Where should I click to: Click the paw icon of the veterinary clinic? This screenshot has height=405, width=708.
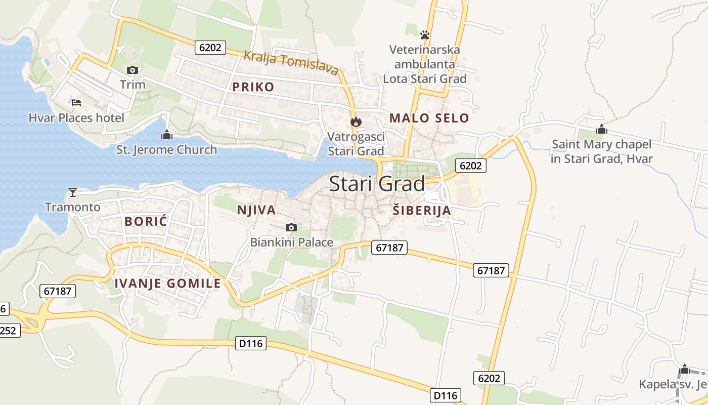[424, 35]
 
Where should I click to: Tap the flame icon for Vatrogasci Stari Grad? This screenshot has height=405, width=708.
[356, 121]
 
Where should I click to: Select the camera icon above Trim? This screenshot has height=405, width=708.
[132, 70]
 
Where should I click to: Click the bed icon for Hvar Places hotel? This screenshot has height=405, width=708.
[76, 103]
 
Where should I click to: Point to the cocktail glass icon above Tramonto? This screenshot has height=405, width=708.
[73, 192]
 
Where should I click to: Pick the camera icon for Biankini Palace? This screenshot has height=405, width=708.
[291, 227]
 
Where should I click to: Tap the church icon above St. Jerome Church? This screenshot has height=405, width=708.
[166, 135]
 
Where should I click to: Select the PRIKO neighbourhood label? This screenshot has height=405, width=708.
[253, 87]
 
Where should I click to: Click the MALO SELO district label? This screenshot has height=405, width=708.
[429, 118]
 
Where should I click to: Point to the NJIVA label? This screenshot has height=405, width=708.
[256, 210]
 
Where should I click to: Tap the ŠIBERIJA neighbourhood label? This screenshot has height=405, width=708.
[421, 211]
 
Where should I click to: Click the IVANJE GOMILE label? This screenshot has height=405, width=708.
[167, 283]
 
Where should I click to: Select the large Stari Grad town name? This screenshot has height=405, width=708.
[377, 184]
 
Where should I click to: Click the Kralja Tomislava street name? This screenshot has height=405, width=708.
[291, 63]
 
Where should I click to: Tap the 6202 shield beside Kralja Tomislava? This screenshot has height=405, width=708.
[210, 48]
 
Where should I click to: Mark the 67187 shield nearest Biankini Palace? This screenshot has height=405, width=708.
[389, 248]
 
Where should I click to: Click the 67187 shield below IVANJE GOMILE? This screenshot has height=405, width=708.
[58, 291]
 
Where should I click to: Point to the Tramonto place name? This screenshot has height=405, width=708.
[73, 207]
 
